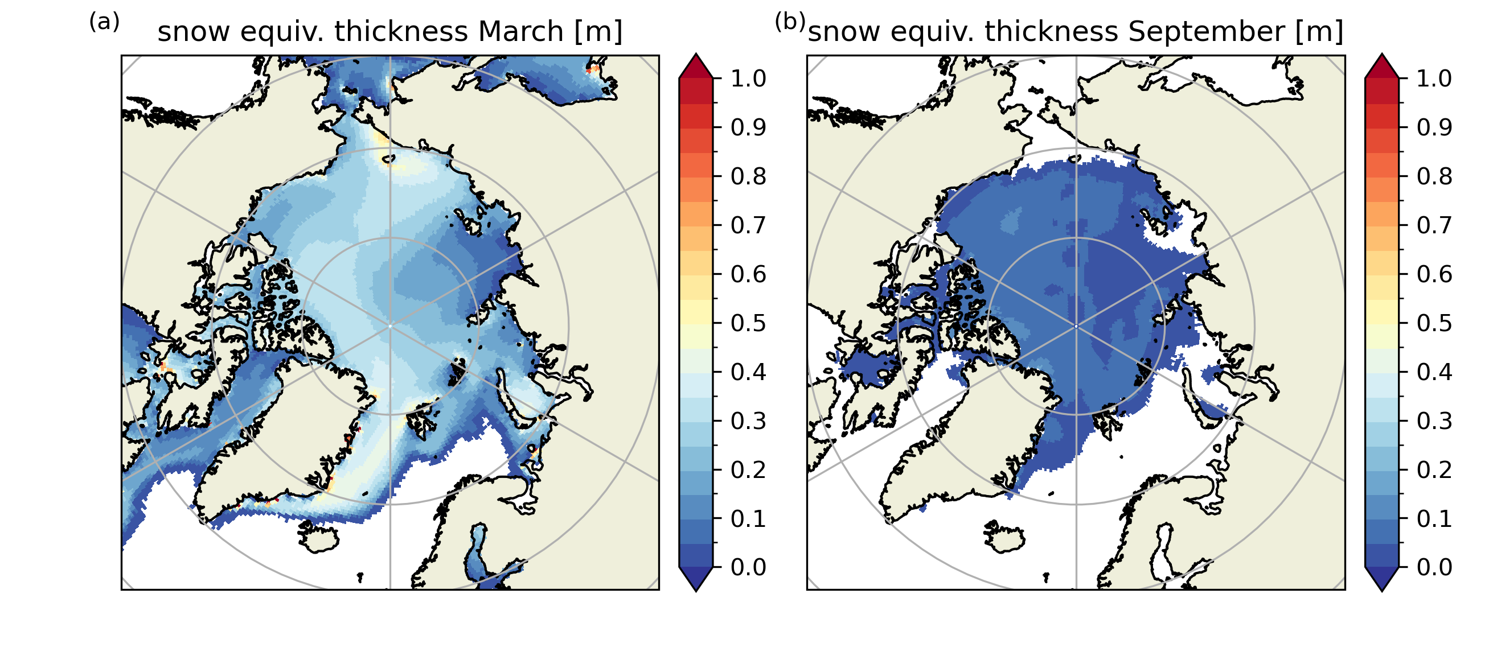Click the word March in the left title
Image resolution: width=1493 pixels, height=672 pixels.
(520, 31)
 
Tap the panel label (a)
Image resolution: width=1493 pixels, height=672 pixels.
(104, 22)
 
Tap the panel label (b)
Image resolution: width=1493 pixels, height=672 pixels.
(789, 22)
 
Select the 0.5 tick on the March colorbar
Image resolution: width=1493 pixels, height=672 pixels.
(748, 323)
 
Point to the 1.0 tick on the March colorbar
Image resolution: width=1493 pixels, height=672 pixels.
(748, 79)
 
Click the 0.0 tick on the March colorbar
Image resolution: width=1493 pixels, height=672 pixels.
(748, 567)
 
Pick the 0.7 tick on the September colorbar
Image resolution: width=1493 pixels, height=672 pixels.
(1434, 225)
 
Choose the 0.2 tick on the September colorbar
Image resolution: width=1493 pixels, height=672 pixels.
(1434, 470)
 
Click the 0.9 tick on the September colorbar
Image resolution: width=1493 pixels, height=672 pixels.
(1434, 127)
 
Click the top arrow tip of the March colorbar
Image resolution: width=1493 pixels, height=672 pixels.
(695, 55)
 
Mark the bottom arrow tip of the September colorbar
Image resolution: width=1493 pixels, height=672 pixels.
(1382, 590)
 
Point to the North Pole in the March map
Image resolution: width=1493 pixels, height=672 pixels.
(390, 326)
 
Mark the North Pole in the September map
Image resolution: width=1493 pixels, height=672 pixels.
(1076, 326)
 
